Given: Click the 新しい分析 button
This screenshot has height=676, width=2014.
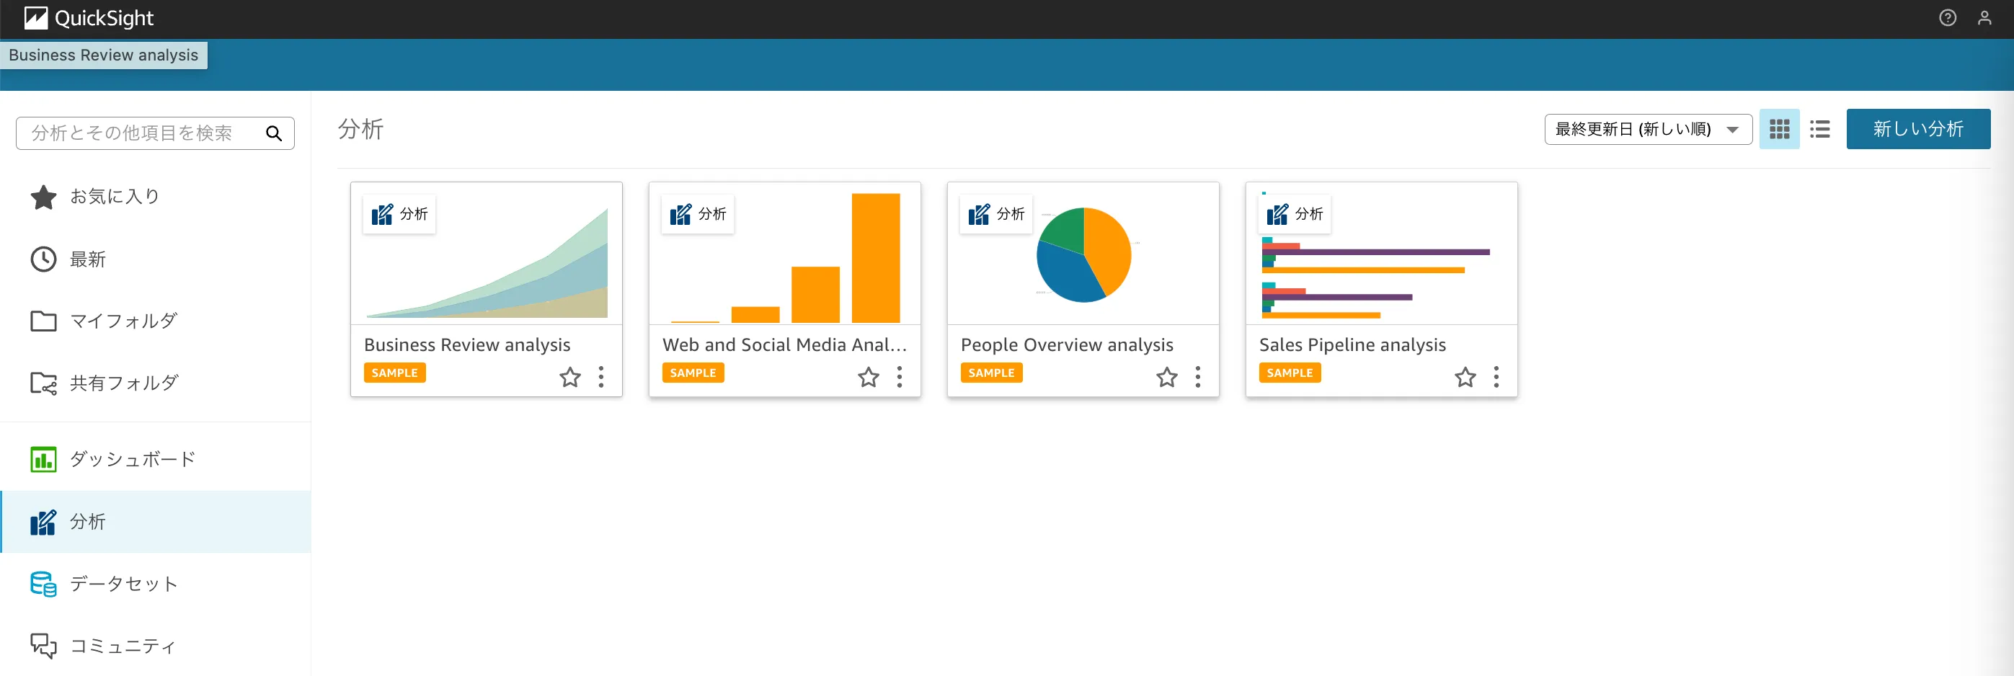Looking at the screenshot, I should coord(1917,129).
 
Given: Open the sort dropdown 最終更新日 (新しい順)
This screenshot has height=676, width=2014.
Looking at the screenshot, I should coord(1647,130).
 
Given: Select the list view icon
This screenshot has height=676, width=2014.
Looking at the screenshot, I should coord(1819,130).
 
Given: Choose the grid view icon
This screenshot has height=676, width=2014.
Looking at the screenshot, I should coord(1779,130).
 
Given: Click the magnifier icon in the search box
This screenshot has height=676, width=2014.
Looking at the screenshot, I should coord(274,133).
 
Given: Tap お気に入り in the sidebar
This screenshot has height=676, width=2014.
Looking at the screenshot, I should coord(114,197).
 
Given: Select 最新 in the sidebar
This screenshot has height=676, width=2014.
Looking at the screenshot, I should coord(87,259).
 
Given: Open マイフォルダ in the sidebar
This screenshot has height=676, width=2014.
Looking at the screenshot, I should coord(123,321).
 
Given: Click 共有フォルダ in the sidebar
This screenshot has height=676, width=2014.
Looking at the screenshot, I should coord(123,383).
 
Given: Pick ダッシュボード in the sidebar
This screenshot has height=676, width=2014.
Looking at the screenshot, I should coord(132,460).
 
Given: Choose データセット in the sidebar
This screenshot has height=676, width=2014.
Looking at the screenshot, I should coord(123,584).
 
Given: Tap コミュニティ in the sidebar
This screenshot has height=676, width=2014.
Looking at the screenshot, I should coord(123,646).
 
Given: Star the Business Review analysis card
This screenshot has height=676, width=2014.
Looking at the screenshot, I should coord(570,378).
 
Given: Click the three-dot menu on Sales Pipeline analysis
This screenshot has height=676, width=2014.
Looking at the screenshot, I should coord(1496,378).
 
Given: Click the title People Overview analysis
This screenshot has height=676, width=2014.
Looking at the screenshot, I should coord(1066,345).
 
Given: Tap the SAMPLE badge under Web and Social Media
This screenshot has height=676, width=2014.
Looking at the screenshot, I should coord(693,373).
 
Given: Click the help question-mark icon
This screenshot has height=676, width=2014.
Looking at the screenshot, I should coord(1948,18).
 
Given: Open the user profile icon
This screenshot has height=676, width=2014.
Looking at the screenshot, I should coord(1984,18).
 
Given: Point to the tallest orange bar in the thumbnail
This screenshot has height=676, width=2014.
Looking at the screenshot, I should coord(876,258).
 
